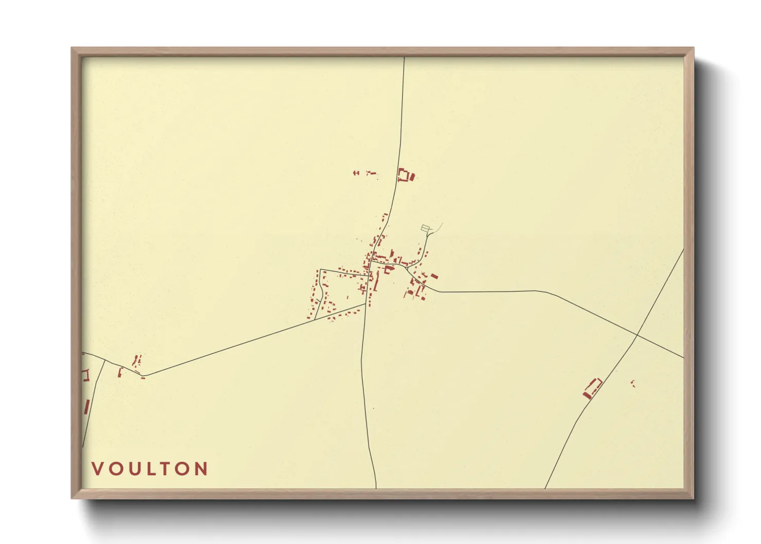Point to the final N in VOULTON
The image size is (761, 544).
[201, 468]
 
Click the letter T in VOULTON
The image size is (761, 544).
[166, 468]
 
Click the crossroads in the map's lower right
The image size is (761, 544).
[637, 336]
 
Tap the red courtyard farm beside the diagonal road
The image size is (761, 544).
[592, 388]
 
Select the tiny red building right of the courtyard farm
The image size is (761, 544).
[633, 383]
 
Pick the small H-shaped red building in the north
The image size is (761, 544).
[356, 173]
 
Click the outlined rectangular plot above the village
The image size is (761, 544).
[425, 228]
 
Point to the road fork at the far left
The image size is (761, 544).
[105, 360]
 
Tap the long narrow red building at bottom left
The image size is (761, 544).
[86, 407]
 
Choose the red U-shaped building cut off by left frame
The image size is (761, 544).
[85, 375]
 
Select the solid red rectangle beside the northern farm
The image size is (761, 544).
[412, 177]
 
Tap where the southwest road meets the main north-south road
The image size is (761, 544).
[366, 304]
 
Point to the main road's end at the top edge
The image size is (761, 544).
[404, 58]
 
